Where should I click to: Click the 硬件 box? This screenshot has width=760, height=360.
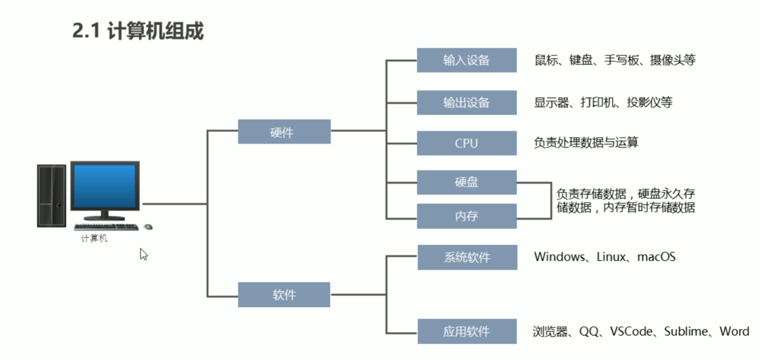(x=284, y=132)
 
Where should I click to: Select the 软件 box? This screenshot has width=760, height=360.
(x=284, y=294)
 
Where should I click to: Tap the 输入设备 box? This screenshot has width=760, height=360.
(x=467, y=60)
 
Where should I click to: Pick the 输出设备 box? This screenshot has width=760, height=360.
(x=467, y=103)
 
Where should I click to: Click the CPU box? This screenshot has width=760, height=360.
(x=467, y=143)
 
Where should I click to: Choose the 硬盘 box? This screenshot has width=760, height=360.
(x=467, y=182)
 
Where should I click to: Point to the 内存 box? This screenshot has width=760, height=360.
(x=467, y=216)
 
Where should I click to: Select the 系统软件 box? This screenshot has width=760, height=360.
(x=467, y=257)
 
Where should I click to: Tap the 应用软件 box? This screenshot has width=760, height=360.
(x=467, y=332)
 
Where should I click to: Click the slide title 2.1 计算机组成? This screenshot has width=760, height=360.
(x=138, y=31)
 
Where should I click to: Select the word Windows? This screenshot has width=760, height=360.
(x=559, y=257)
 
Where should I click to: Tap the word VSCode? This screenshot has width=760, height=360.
(x=631, y=332)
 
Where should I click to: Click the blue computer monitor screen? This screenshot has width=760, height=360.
(x=105, y=186)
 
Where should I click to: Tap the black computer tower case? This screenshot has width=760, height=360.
(x=51, y=195)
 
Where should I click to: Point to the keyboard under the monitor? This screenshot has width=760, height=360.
(x=106, y=227)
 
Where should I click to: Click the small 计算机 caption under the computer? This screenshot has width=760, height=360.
(x=94, y=239)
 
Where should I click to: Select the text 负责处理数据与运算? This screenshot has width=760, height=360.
(x=586, y=143)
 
